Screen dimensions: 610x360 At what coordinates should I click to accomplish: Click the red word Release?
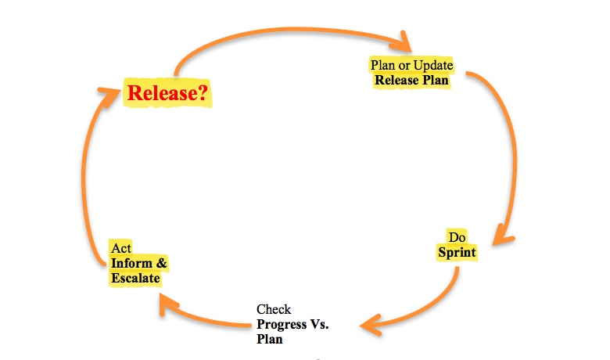click(167, 93)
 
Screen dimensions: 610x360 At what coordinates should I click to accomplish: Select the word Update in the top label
click(433, 65)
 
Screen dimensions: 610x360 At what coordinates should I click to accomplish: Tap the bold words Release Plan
click(411, 80)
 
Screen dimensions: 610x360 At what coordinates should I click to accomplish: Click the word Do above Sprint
click(457, 237)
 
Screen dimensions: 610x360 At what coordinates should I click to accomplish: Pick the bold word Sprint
click(457, 253)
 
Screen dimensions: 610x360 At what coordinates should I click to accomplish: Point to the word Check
click(274, 309)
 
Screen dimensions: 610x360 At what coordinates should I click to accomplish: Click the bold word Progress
click(282, 325)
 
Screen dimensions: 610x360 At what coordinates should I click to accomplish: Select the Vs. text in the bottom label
click(319, 324)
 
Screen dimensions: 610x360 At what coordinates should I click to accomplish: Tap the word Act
click(121, 248)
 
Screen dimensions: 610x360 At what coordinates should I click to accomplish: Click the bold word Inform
click(131, 263)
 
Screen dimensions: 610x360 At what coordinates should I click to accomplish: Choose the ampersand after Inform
click(161, 263)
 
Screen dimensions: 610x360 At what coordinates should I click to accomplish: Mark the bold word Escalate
click(135, 279)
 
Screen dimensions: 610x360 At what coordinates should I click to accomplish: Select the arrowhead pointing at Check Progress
click(371, 325)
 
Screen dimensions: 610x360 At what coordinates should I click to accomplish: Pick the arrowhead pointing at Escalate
click(167, 304)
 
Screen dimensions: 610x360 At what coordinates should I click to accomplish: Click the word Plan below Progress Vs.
click(269, 340)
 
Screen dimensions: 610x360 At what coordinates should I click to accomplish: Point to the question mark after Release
click(203, 93)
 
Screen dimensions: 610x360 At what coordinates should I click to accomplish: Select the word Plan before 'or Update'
click(382, 65)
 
